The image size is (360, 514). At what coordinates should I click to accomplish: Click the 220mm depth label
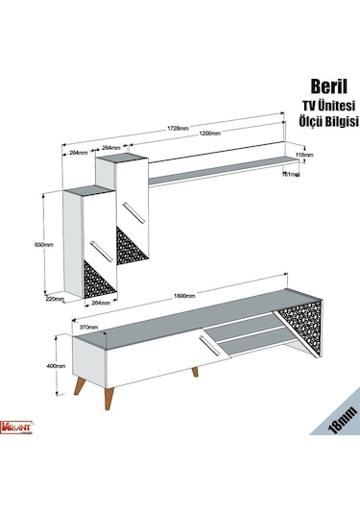pyautogui.click(x=55, y=299)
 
